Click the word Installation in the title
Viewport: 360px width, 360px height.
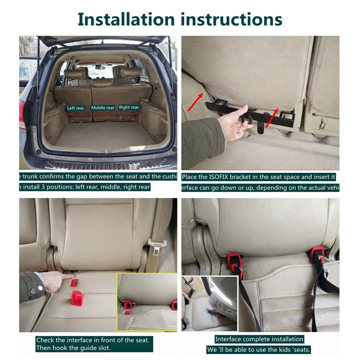126,19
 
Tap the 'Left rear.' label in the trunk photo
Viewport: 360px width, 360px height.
76,108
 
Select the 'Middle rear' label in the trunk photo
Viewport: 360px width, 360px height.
103,108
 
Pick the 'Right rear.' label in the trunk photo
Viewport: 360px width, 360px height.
129,108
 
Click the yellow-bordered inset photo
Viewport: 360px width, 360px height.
147,302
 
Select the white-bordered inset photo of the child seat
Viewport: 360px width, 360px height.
209,303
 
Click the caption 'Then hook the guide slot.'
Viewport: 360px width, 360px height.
72,348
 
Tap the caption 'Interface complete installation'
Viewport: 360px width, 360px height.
259,339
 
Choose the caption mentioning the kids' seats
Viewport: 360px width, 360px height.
259,349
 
